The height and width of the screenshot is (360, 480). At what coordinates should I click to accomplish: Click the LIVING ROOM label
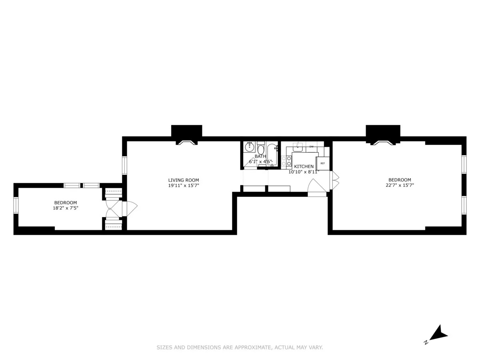183,180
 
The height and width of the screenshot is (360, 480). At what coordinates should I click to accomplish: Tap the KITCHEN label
304,166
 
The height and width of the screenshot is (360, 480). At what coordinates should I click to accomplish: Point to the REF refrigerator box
323,164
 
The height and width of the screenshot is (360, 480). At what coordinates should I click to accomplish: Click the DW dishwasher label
311,147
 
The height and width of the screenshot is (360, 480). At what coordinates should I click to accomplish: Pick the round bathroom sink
250,146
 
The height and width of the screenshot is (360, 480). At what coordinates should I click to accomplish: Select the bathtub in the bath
272,154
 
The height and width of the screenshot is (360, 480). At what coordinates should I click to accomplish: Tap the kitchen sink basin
298,146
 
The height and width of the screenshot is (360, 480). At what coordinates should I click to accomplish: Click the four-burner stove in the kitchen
286,161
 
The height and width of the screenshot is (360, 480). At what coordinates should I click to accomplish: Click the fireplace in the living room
186,142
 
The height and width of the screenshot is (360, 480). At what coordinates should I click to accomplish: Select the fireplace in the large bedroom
383,142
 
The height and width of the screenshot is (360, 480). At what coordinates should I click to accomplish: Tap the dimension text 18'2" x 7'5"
66,208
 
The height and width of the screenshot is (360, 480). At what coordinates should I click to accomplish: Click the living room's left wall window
124,165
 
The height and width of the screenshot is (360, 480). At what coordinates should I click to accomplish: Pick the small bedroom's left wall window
16,205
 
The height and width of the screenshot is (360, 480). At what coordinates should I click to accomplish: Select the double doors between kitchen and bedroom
334,180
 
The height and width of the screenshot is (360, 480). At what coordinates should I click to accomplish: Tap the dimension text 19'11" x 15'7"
183,186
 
